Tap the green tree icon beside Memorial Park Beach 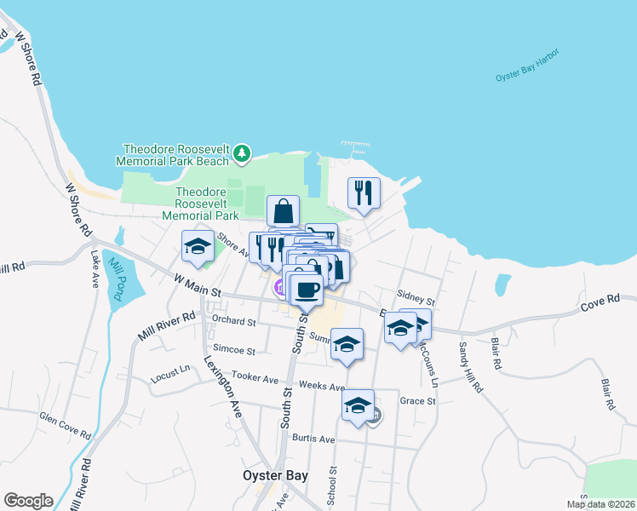click(x=243, y=152)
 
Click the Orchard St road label click(x=234, y=322)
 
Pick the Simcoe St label click(x=234, y=350)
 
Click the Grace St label click(x=417, y=400)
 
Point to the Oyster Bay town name click(x=275, y=476)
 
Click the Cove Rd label click(x=600, y=301)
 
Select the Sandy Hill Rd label click(x=470, y=367)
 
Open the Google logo click(x=28, y=501)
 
